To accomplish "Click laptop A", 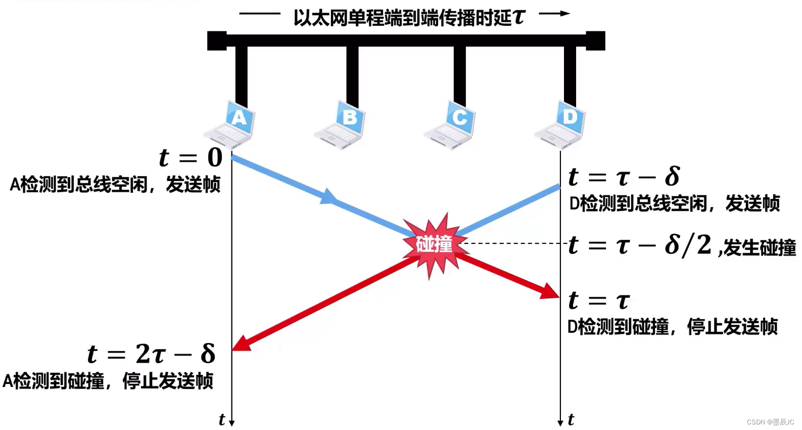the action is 230,124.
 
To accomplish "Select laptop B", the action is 341,124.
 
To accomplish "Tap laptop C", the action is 451,124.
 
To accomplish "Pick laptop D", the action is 561,124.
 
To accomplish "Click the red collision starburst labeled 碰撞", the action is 434,245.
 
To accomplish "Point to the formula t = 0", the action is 191,157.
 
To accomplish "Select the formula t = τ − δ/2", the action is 640,245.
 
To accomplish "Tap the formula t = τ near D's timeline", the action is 599,300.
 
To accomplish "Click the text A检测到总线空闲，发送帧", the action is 115,185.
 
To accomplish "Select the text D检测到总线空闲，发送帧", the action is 675,203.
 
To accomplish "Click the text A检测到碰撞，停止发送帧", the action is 108,381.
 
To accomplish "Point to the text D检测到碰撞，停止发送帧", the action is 673,327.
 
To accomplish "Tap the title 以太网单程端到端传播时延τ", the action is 409,18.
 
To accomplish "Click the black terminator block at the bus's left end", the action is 217,41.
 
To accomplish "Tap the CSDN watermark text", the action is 770,422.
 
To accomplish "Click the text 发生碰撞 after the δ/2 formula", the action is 760,248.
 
